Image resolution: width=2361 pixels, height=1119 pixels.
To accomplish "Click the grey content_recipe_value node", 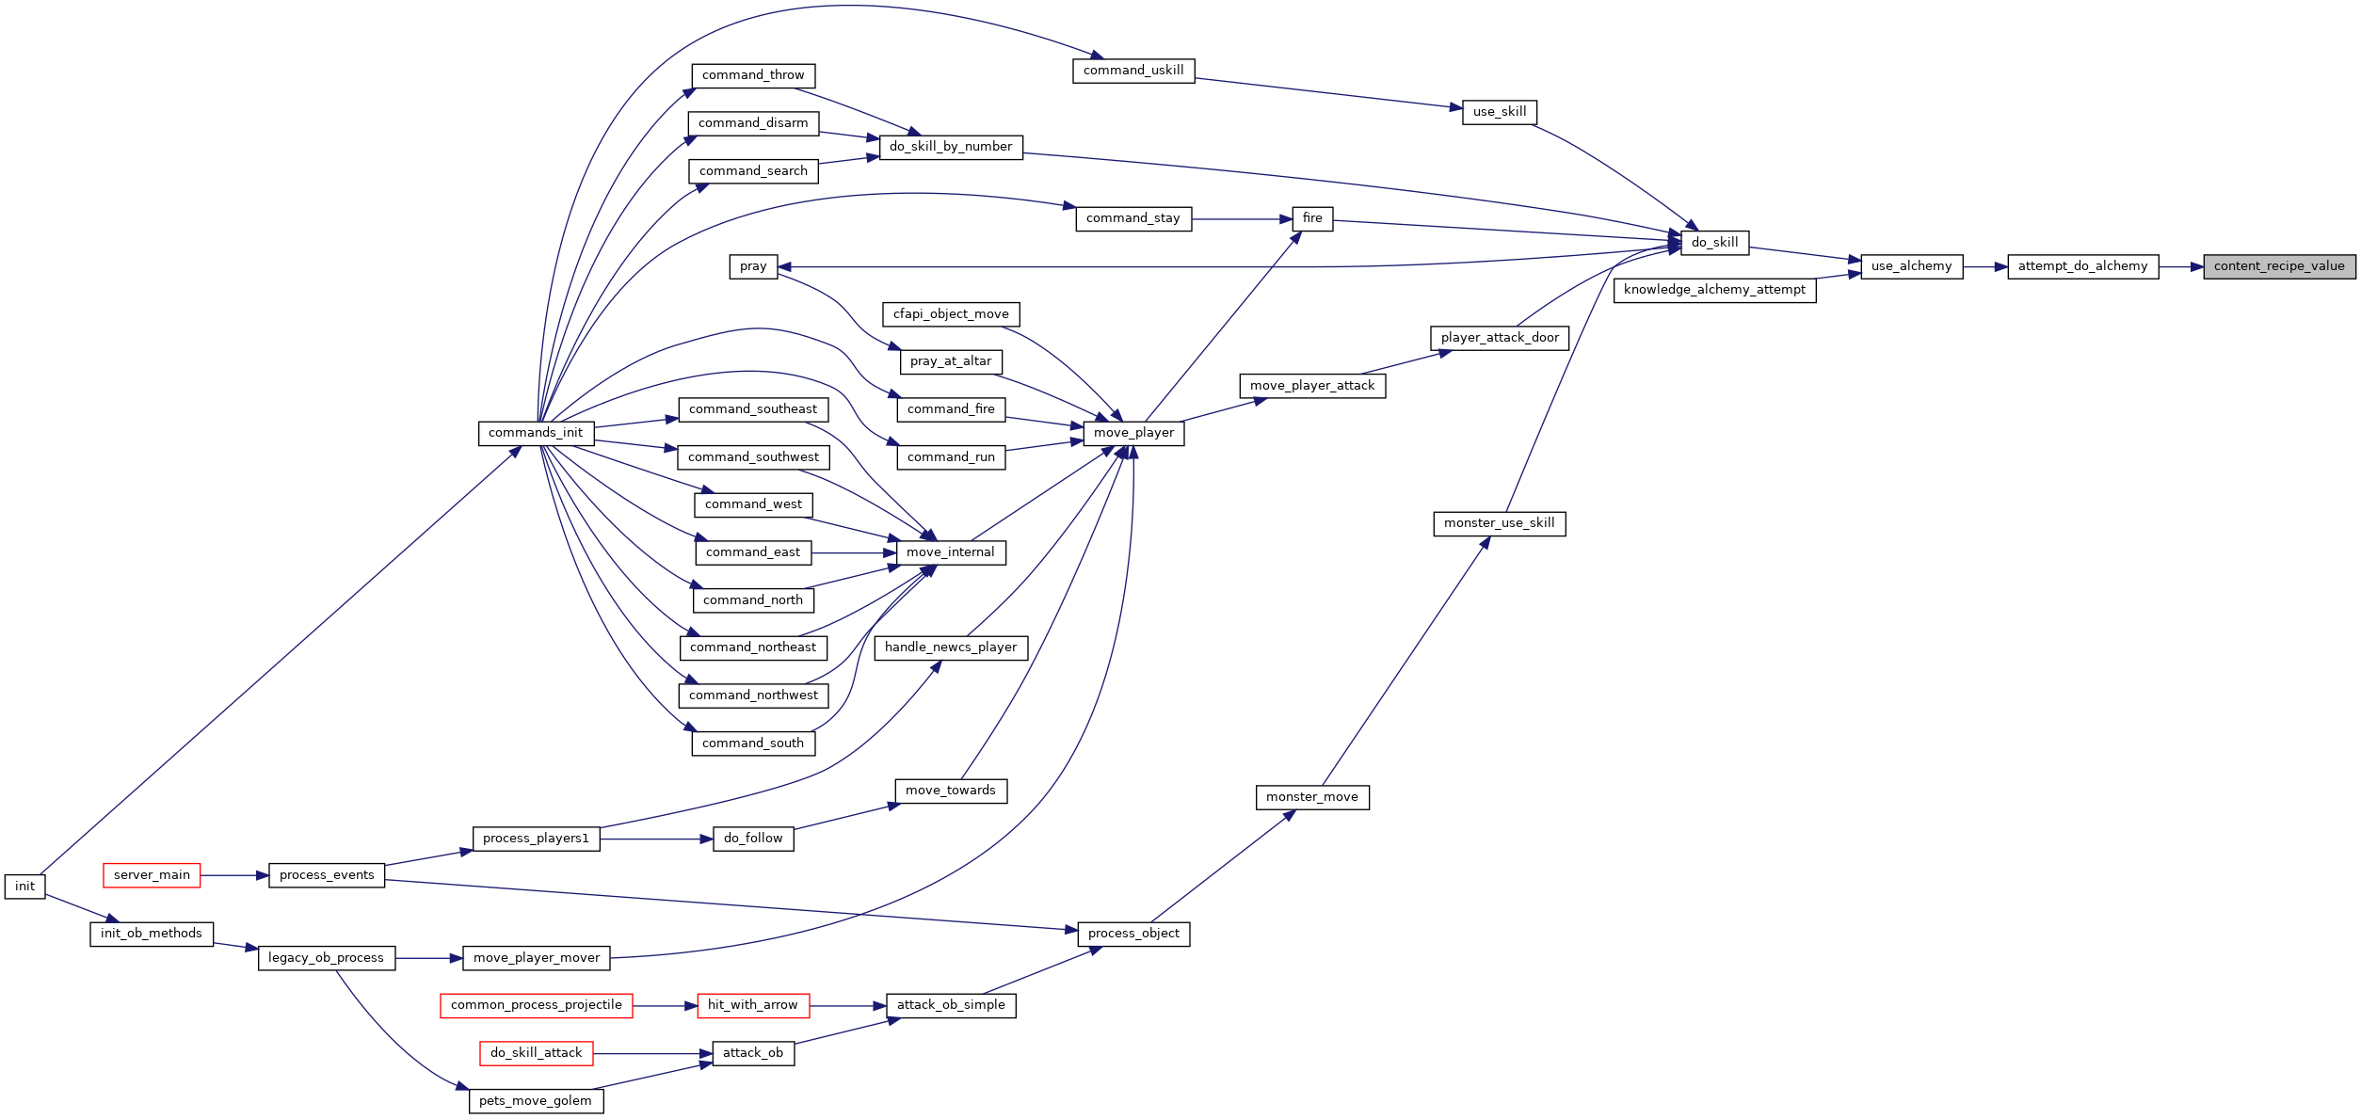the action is click(2279, 266).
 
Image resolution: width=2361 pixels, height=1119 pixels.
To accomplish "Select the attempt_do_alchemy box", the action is click(2082, 266).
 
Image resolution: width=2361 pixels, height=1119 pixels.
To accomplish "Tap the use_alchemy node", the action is click(1911, 266).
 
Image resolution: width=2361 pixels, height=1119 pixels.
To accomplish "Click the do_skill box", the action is click(1714, 243).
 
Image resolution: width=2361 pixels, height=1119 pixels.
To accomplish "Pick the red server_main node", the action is click(152, 875).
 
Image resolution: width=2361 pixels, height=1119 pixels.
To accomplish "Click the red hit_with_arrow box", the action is click(752, 1005).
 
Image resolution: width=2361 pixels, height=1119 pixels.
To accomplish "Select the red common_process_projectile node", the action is click(537, 1005).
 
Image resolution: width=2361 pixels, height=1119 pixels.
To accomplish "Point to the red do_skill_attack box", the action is click(537, 1053).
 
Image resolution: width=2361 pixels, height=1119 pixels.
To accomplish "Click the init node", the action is click(24, 887).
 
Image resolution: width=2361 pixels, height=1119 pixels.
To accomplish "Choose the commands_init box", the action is click(536, 433).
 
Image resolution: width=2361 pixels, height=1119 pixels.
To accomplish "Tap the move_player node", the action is click(1133, 433).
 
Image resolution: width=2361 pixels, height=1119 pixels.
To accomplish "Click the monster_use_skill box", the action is click(1500, 523).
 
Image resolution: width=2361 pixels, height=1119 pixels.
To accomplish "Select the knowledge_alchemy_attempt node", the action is click(1714, 290).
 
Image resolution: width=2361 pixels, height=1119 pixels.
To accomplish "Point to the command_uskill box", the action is click(1133, 71).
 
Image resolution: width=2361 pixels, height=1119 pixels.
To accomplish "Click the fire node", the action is click(1312, 218).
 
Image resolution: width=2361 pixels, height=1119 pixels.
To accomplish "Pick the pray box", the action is click(753, 266).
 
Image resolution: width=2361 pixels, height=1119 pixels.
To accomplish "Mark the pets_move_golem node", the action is click(536, 1101).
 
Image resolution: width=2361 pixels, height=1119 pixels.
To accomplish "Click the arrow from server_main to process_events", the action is click(234, 875).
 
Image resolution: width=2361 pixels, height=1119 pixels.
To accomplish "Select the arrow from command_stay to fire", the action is click(1242, 219).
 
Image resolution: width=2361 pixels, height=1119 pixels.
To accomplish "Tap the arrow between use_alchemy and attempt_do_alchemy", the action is click(1985, 266).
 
